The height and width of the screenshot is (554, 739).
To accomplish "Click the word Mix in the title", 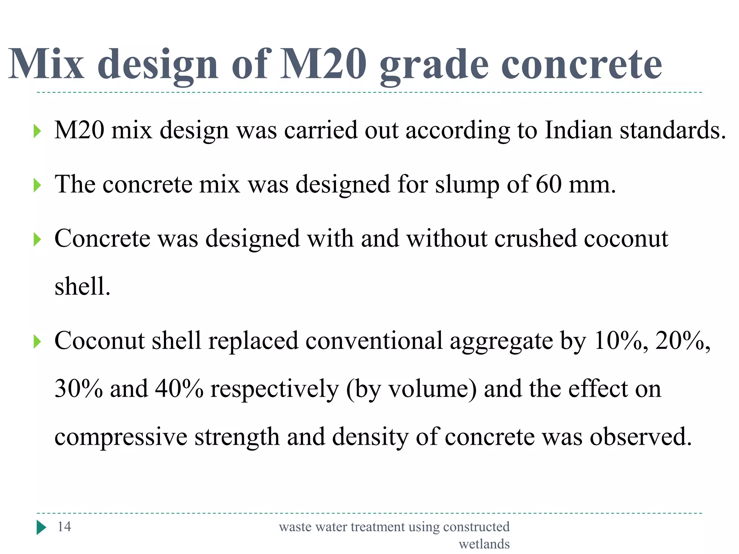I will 46,64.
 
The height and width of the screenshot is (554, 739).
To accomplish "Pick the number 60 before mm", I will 548,184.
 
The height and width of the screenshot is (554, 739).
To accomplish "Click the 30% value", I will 79,389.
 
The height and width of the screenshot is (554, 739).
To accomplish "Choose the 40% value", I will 179,389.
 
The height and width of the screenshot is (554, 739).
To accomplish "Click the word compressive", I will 121,438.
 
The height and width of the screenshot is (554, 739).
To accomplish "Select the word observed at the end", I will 640,437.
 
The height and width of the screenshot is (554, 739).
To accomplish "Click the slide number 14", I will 64,527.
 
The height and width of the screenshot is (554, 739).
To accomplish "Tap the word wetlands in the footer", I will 484,544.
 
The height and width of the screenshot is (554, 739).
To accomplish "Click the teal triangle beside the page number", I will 41,527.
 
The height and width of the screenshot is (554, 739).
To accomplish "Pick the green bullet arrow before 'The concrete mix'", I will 37,185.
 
